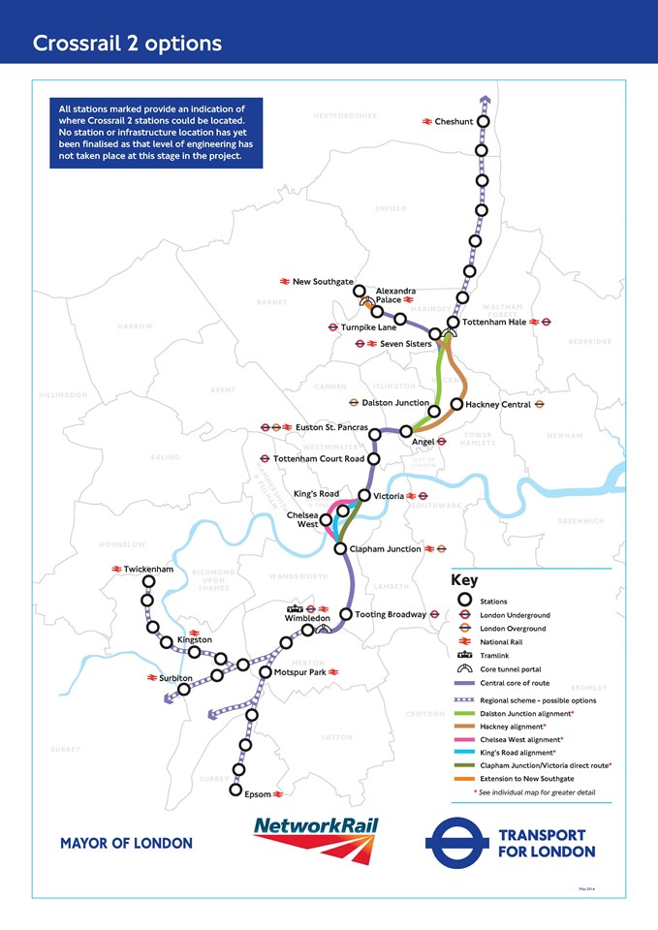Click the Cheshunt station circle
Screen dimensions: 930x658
(x=483, y=121)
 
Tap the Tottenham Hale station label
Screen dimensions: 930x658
(x=500, y=323)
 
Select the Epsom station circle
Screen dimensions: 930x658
(x=235, y=790)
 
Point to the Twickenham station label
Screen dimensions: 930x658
(x=148, y=569)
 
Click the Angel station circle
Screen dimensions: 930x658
(x=406, y=431)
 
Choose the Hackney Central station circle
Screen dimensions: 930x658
(x=456, y=404)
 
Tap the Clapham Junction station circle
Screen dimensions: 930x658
(x=340, y=549)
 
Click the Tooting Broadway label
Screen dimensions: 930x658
(x=390, y=614)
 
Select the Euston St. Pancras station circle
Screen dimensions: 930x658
(x=374, y=434)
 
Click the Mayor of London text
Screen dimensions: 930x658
(x=126, y=843)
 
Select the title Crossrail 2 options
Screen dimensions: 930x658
(x=127, y=44)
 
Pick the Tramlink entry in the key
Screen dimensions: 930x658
(x=494, y=655)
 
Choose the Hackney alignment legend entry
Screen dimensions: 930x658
(x=512, y=726)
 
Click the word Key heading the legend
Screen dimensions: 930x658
(x=464, y=580)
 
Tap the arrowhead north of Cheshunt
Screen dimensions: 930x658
(x=484, y=98)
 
